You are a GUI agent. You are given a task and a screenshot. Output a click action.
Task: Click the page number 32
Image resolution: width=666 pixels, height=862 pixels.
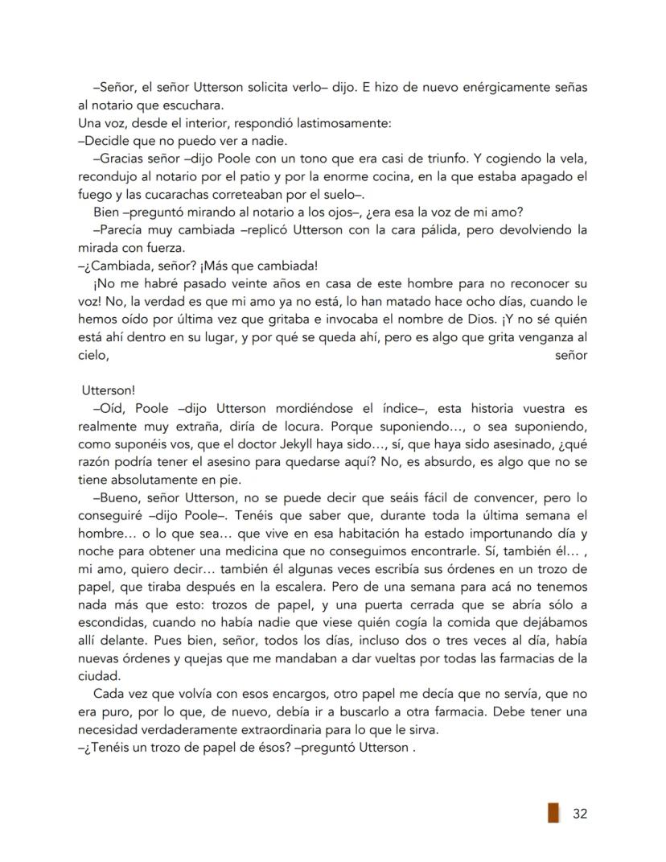[x=579, y=813]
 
